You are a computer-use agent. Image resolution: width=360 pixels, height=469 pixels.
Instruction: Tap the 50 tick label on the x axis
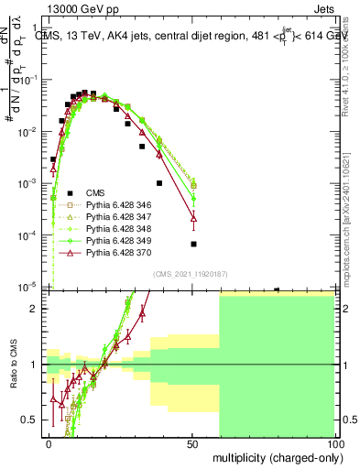click(192, 443)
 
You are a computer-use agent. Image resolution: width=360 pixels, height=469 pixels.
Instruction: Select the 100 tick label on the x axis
click(336, 443)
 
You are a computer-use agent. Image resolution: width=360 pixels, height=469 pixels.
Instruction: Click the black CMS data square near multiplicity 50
click(193, 244)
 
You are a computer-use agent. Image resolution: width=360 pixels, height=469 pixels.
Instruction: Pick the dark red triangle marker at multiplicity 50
click(193, 217)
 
